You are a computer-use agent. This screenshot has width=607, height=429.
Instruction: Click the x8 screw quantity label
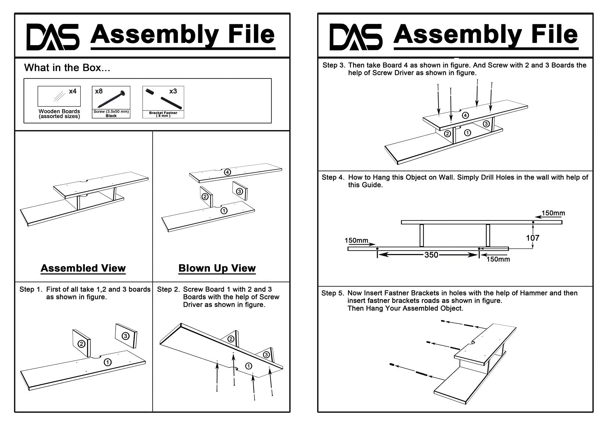[99, 91]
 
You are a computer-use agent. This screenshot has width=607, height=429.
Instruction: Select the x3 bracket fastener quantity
[173, 91]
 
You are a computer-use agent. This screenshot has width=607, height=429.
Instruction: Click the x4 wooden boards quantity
[73, 91]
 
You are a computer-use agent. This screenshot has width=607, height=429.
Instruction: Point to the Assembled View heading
[83, 268]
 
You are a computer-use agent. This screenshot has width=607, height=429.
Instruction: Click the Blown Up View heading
[217, 268]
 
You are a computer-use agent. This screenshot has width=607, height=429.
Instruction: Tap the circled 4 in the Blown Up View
[228, 172]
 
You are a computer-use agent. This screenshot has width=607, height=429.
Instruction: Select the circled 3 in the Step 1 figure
[126, 336]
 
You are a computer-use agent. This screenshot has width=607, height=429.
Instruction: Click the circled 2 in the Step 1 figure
[81, 344]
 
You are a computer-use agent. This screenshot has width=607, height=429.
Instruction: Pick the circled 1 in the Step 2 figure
[248, 366]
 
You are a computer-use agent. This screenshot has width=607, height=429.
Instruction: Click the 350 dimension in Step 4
[431, 255]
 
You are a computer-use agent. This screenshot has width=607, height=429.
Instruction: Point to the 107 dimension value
[533, 238]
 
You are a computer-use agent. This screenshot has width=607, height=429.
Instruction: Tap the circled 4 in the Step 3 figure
[465, 115]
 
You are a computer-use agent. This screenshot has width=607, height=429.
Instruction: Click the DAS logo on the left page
[53, 37]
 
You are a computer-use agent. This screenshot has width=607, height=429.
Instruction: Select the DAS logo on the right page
[356, 37]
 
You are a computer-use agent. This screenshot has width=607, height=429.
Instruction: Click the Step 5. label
[333, 293]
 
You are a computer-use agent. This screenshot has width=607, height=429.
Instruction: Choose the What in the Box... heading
[67, 68]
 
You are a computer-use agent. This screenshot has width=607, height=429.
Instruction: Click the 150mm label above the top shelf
[553, 213]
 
